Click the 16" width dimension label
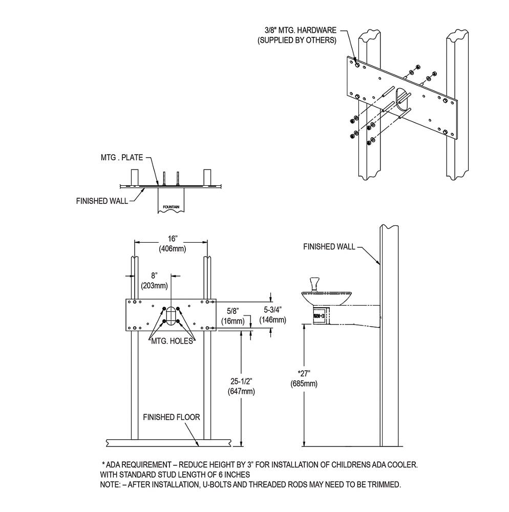(x=172, y=239)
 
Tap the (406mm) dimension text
(x=173, y=249)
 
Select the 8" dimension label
(x=155, y=275)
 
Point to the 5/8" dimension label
(x=233, y=311)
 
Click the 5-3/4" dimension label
(x=272, y=309)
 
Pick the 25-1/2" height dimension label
(x=241, y=381)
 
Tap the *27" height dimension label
(x=304, y=374)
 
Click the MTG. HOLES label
(x=172, y=341)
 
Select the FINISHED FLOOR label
(x=172, y=417)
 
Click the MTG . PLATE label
(x=122, y=157)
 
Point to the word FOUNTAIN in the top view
(x=171, y=207)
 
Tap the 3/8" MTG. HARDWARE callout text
(x=301, y=30)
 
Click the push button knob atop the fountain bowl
(x=314, y=284)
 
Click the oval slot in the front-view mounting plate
(x=171, y=316)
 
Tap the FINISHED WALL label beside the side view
(x=329, y=247)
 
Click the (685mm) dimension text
(x=304, y=383)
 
